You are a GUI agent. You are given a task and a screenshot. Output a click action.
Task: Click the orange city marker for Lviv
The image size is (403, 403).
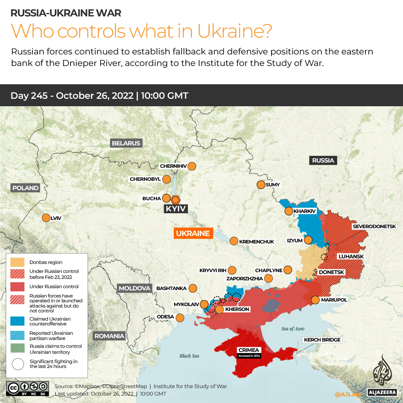46,218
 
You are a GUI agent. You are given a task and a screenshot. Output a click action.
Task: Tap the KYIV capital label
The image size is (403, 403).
176,209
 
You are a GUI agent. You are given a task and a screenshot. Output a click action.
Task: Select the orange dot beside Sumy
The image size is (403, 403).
261,185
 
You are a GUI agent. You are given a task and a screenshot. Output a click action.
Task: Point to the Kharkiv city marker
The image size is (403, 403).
289,211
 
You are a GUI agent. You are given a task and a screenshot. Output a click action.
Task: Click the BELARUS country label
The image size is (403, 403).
126,143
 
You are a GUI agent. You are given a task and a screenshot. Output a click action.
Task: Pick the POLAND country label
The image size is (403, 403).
25,188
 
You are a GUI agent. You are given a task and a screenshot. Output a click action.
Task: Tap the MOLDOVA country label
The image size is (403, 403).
134,288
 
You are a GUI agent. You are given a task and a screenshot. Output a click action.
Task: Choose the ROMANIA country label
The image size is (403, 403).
109,336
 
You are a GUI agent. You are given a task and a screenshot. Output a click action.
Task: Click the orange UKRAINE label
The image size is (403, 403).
193,233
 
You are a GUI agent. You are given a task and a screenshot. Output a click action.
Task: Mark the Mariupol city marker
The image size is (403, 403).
315,300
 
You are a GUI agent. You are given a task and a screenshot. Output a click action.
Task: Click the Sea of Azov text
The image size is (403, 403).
293,328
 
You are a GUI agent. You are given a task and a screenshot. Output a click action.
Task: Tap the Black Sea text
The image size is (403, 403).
189,356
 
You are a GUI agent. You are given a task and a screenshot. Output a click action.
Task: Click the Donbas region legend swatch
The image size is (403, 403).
18,262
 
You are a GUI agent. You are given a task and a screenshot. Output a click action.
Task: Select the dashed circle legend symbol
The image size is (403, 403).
18,364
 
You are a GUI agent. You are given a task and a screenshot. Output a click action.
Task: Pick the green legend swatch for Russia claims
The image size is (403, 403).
18,349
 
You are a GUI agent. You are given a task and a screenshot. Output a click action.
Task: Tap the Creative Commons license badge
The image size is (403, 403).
28,388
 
